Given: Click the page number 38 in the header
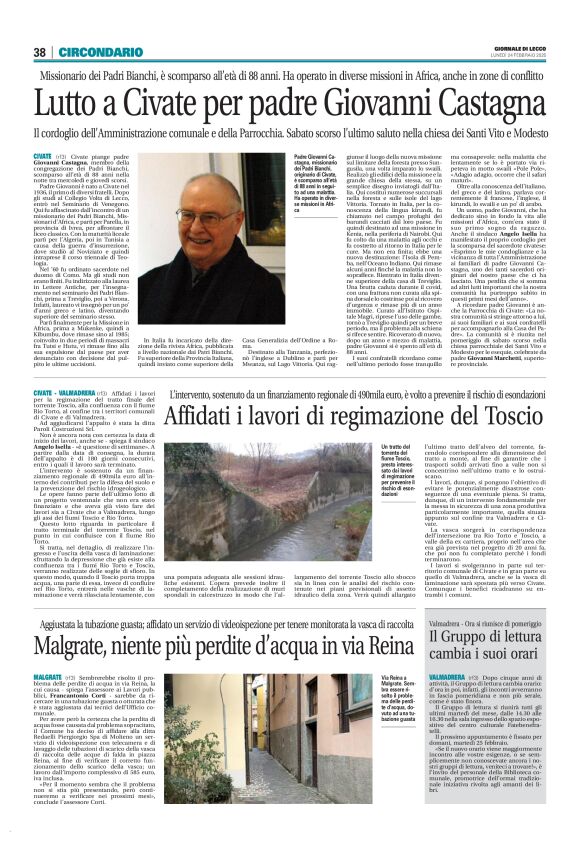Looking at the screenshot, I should coord(39,52).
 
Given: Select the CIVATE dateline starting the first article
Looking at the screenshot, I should coord(43,158).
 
